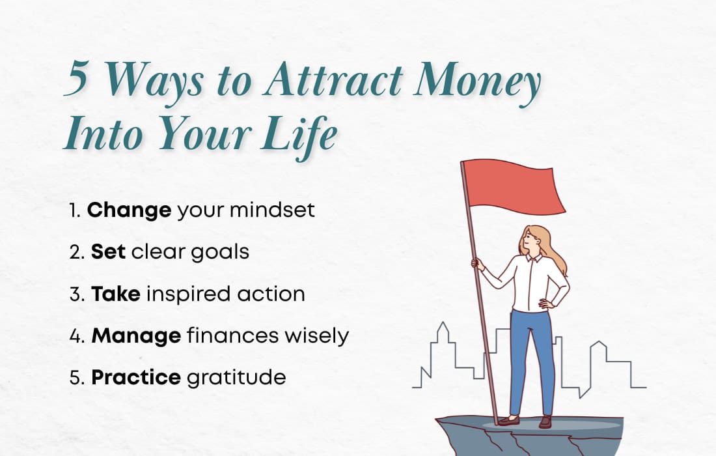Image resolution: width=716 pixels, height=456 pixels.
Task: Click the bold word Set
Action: (108, 252)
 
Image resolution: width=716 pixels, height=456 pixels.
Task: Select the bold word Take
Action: (115, 294)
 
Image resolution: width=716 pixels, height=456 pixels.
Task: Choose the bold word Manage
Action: (136, 336)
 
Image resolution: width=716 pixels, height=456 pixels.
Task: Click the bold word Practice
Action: (135, 378)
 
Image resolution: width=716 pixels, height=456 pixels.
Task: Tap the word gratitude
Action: (236, 378)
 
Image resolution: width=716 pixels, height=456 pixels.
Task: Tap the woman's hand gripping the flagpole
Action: (478, 263)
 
